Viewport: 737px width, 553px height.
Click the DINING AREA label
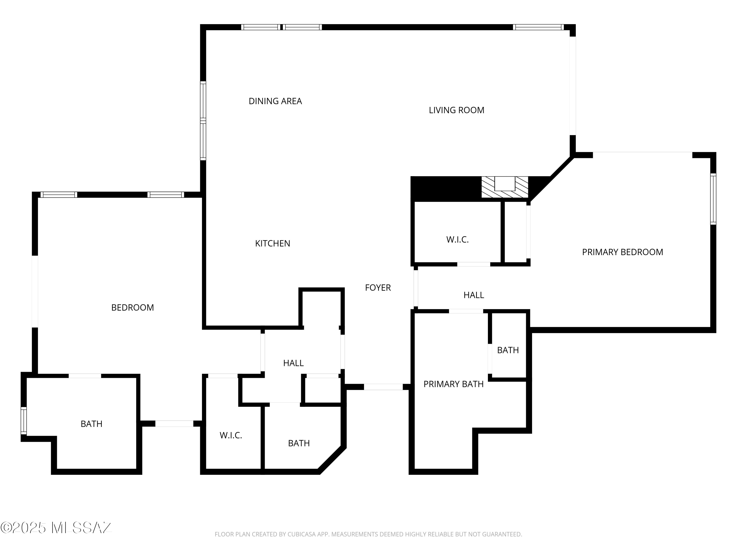tap(275, 101)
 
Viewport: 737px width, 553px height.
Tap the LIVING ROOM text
tap(456, 110)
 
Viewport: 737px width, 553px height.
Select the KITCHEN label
tap(272, 243)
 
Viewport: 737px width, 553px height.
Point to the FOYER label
tap(378, 287)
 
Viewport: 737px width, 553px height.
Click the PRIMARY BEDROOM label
tap(622, 252)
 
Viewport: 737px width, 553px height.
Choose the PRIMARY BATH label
tap(454, 384)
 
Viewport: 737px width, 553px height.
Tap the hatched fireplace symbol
tap(505, 187)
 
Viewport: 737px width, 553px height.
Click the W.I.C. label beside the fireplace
tap(457, 239)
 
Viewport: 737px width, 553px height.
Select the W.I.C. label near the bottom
tap(231, 435)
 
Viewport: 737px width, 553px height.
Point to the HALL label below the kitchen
tap(293, 363)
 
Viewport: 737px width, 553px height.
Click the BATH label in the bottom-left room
tap(91, 424)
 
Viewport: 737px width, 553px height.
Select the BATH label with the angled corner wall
tap(299, 443)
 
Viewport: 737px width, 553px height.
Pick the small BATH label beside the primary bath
tap(508, 350)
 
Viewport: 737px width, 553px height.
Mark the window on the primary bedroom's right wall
tap(713, 199)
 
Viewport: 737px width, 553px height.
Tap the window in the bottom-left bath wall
tap(24, 421)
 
